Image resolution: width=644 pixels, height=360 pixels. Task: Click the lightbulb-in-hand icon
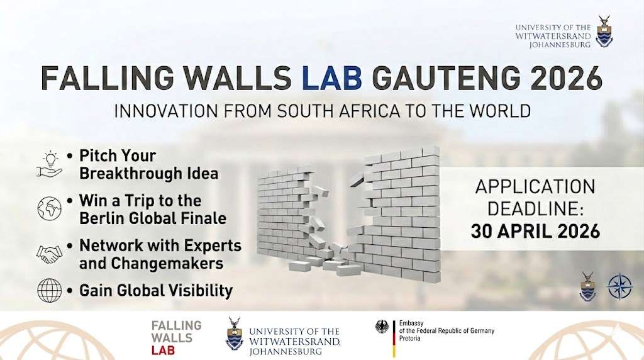tap(49, 163)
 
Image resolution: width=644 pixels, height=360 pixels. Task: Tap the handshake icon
tap(49, 253)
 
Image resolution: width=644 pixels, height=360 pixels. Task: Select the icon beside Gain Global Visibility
tap(49, 290)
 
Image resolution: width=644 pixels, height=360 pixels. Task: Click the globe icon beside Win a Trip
tap(49, 208)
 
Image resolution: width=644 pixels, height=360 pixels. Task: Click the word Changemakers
tap(151, 263)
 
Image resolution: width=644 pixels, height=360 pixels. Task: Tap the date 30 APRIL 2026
tap(535, 230)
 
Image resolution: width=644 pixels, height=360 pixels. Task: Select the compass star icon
tap(619, 286)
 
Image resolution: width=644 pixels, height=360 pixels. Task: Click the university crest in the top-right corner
tap(604, 32)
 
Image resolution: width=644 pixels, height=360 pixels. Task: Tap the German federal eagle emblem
tap(382, 327)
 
